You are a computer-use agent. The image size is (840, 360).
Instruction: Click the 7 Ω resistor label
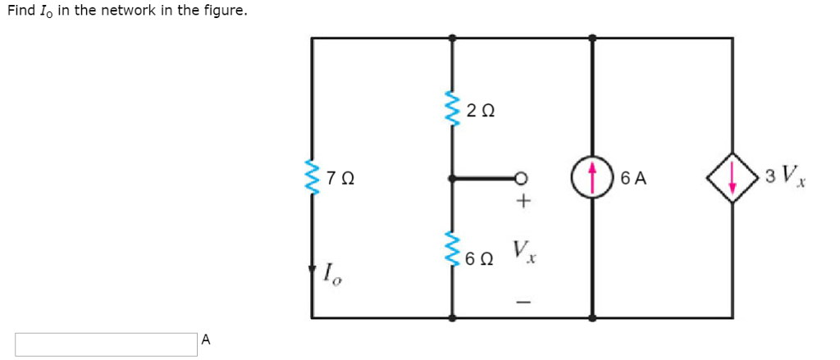(x=340, y=178)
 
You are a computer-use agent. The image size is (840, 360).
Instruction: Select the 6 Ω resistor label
(x=480, y=259)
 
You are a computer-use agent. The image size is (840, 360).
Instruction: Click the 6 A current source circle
(x=592, y=178)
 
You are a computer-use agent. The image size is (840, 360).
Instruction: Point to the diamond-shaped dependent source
(x=733, y=178)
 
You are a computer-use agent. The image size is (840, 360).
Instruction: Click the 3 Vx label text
(x=786, y=175)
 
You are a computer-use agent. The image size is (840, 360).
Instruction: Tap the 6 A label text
(x=634, y=179)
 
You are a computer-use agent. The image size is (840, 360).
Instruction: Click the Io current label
(x=333, y=275)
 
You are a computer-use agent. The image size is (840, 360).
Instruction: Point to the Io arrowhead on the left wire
(x=312, y=270)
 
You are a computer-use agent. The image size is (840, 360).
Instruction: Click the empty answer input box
(x=106, y=344)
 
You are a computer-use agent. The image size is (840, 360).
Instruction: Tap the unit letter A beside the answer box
(x=207, y=339)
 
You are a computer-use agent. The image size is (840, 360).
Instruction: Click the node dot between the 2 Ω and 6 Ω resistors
(x=453, y=178)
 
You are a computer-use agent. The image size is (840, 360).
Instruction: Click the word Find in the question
(x=20, y=11)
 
